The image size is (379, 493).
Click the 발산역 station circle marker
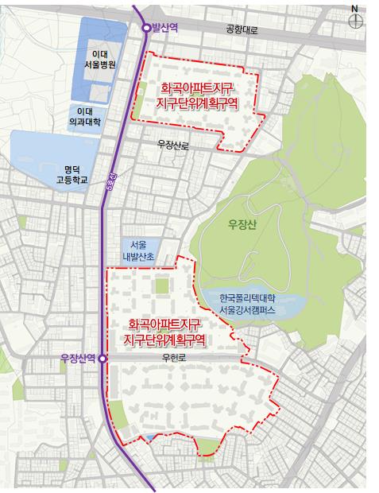click(x=146, y=28)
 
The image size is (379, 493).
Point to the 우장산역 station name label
click(x=78, y=359)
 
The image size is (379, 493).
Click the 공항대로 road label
click(x=243, y=30)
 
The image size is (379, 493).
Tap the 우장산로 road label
click(x=173, y=146)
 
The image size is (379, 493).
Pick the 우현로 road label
click(x=172, y=359)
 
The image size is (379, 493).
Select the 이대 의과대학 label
click(x=86, y=118)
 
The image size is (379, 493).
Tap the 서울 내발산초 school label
click(x=137, y=250)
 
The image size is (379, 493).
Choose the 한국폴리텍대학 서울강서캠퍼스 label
click(x=248, y=305)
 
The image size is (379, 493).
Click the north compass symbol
click(x=355, y=22)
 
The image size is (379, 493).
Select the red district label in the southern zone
click(x=165, y=332)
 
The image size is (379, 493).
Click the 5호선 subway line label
click(x=110, y=185)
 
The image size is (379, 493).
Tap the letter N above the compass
click(x=355, y=8)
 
